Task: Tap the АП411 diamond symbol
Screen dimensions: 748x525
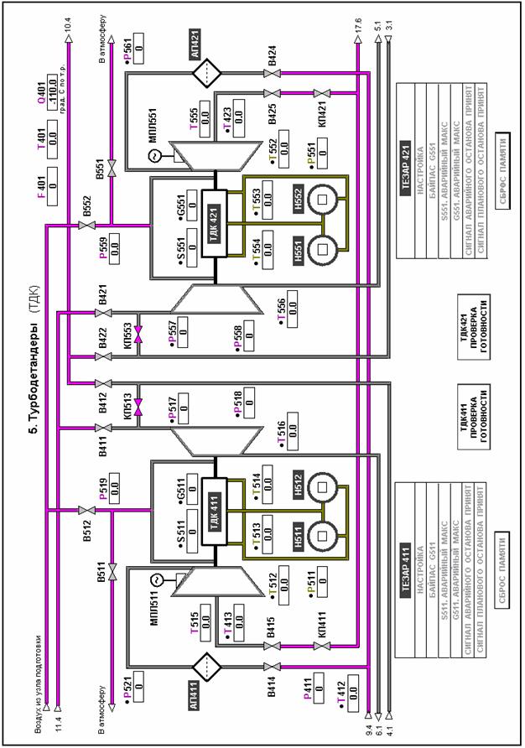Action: click(204, 668)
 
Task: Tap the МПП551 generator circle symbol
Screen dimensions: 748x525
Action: click(153, 157)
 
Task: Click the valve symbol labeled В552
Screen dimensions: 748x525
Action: click(84, 224)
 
